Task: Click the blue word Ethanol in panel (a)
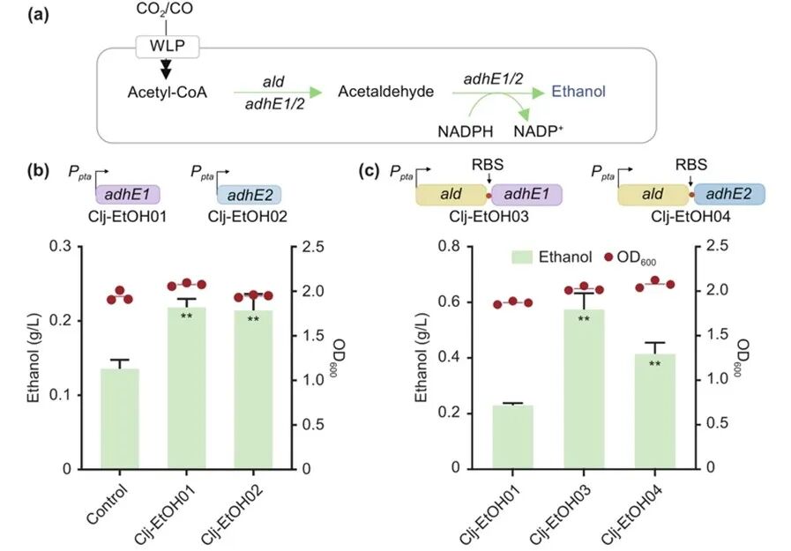click(x=578, y=91)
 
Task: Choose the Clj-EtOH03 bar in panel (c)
click(x=579, y=389)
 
